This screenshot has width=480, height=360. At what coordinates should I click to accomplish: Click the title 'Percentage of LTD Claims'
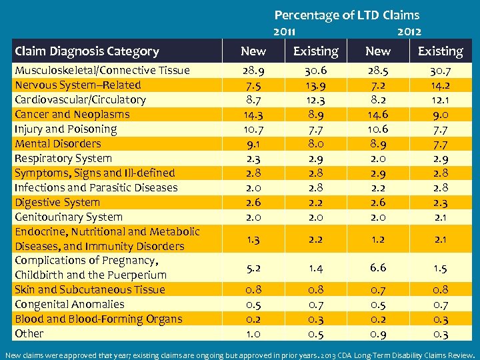[347, 15]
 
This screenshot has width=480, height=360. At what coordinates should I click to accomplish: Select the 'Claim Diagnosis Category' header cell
[87, 51]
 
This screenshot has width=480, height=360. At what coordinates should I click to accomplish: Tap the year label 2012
[409, 31]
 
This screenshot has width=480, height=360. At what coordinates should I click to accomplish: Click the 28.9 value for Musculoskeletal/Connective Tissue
[253, 71]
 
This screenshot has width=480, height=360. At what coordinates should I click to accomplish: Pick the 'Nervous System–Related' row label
[78, 85]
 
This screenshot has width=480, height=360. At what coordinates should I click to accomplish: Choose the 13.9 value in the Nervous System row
[316, 85]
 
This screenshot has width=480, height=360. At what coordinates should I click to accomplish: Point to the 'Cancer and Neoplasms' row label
[72, 115]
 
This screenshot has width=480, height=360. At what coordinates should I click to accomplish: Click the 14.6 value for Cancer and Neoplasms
[378, 115]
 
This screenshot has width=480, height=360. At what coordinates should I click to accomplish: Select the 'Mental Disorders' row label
[58, 144]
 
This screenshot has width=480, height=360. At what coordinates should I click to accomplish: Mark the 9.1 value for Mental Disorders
[253, 144]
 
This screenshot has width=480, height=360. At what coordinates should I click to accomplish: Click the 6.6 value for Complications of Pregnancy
[378, 267]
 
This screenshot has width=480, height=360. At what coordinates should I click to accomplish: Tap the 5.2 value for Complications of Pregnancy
[253, 267]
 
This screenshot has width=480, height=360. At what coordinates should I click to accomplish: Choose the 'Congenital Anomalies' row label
[69, 304]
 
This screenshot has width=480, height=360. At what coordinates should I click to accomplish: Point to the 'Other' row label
[29, 333]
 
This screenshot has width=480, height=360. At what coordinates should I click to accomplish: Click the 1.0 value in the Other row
[253, 333]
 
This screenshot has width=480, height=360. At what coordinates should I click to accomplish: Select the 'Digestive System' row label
[57, 203]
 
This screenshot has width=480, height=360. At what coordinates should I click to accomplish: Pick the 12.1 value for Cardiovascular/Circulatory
[440, 100]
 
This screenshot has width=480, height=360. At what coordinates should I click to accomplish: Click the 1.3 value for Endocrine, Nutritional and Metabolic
[253, 239]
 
